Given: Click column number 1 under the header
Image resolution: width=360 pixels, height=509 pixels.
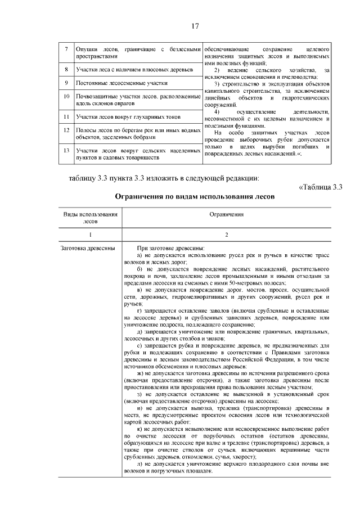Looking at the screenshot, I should tap(91, 233).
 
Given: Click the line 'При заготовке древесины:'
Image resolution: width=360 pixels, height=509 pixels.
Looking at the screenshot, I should tap(171, 248).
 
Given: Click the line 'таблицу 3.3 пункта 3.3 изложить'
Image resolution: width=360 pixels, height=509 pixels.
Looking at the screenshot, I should tap(164, 178).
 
